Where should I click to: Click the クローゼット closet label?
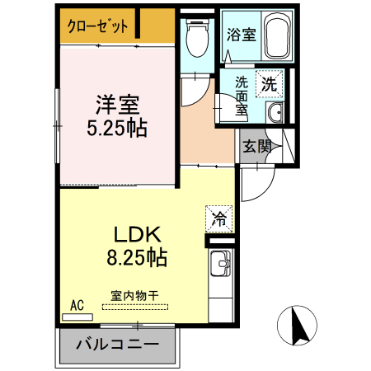pyautogui.click(x=98, y=26)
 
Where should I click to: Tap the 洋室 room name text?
pyautogui.click(x=116, y=106)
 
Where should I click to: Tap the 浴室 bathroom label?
pyautogui.click(x=242, y=35)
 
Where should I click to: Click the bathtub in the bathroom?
pyautogui.click(x=275, y=35)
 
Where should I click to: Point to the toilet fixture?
pyautogui.click(x=196, y=36)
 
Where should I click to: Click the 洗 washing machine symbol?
pyautogui.click(x=269, y=83)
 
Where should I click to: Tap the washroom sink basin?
pyautogui.click(x=275, y=113)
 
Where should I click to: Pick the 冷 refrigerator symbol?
pyautogui.click(x=219, y=218)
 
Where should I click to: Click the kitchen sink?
pyautogui.click(x=220, y=266)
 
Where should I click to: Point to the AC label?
pyautogui.click(x=77, y=305)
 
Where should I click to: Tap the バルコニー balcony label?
pyautogui.click(x=117, y=344)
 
